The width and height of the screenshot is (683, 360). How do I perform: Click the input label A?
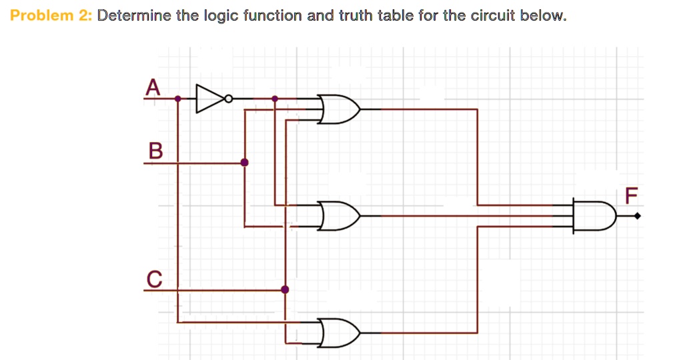(153, 87)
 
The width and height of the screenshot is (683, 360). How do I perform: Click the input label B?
(155, 151)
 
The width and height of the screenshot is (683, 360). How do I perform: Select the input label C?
(153, 278)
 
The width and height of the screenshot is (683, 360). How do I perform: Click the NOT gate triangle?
(210, 99)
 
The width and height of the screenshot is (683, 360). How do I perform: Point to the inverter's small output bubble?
(229, 99)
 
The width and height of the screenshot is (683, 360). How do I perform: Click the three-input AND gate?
(594, 215)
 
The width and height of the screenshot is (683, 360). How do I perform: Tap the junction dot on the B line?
(244, 162)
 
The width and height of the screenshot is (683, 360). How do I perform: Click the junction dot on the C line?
(285, 289)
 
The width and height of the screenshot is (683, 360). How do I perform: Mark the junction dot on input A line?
(177, 99)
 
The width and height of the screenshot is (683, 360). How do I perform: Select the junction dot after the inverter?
(275, 99)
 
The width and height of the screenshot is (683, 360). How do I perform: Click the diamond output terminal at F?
(638, 215)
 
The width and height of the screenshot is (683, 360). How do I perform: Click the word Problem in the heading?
(41, 15)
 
